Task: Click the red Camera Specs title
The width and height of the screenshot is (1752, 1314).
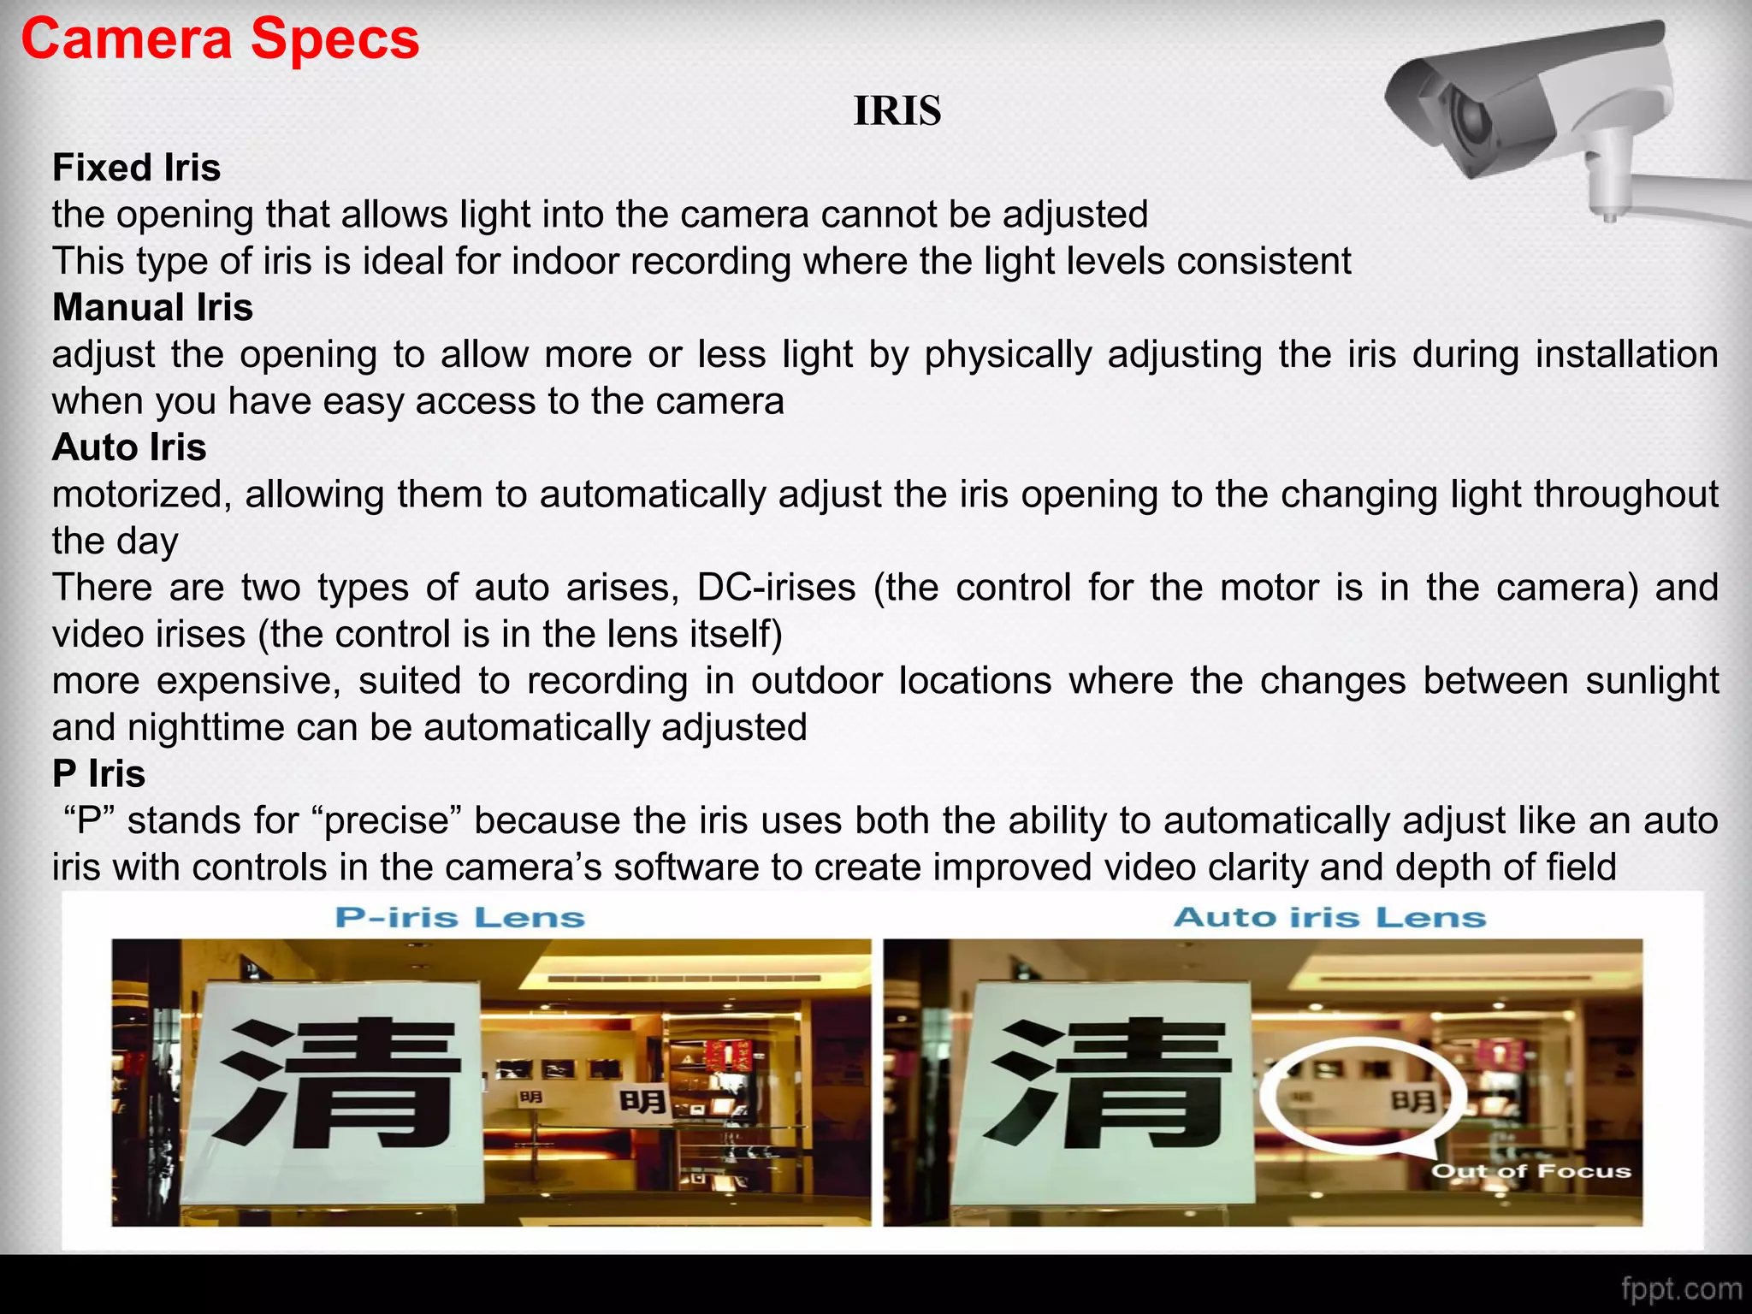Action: (220, 39)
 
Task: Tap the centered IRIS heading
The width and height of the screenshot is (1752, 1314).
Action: (897, 111)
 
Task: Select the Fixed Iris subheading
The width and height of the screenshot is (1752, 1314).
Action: (137, 168)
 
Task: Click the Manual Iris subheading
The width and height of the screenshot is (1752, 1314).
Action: (152, 308)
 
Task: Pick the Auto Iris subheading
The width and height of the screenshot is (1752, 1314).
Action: (129, 447)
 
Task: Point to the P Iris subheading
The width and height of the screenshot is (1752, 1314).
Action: (98, 774)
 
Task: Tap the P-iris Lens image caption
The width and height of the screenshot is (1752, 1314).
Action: (460, 918)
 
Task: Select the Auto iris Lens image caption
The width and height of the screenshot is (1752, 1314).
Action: (1329, 918)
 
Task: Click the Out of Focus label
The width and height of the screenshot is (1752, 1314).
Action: (1531, 1171)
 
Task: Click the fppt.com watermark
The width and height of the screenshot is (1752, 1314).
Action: (1681, 1289)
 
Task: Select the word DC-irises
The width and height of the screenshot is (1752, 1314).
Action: (776, 588)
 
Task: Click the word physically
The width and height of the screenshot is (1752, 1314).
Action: (1008, 355)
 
